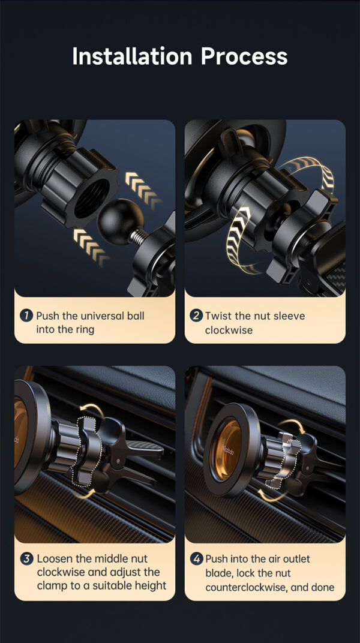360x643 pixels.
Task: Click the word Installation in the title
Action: coord(132,56)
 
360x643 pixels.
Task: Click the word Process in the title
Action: coord(244,56)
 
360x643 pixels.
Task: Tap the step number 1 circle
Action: coord(26,316)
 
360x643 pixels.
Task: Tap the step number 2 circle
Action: coord(196,316)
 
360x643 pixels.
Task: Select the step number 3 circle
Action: coord(27,558)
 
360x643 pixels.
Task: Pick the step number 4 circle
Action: coord(197,558)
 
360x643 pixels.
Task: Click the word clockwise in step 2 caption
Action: coord(229,330)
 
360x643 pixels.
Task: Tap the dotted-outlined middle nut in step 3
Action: coord(89,450)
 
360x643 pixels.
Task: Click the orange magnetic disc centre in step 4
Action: coord(227,449)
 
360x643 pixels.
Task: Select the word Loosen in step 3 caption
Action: coord(56,558)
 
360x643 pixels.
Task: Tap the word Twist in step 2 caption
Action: coord(218,316)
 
